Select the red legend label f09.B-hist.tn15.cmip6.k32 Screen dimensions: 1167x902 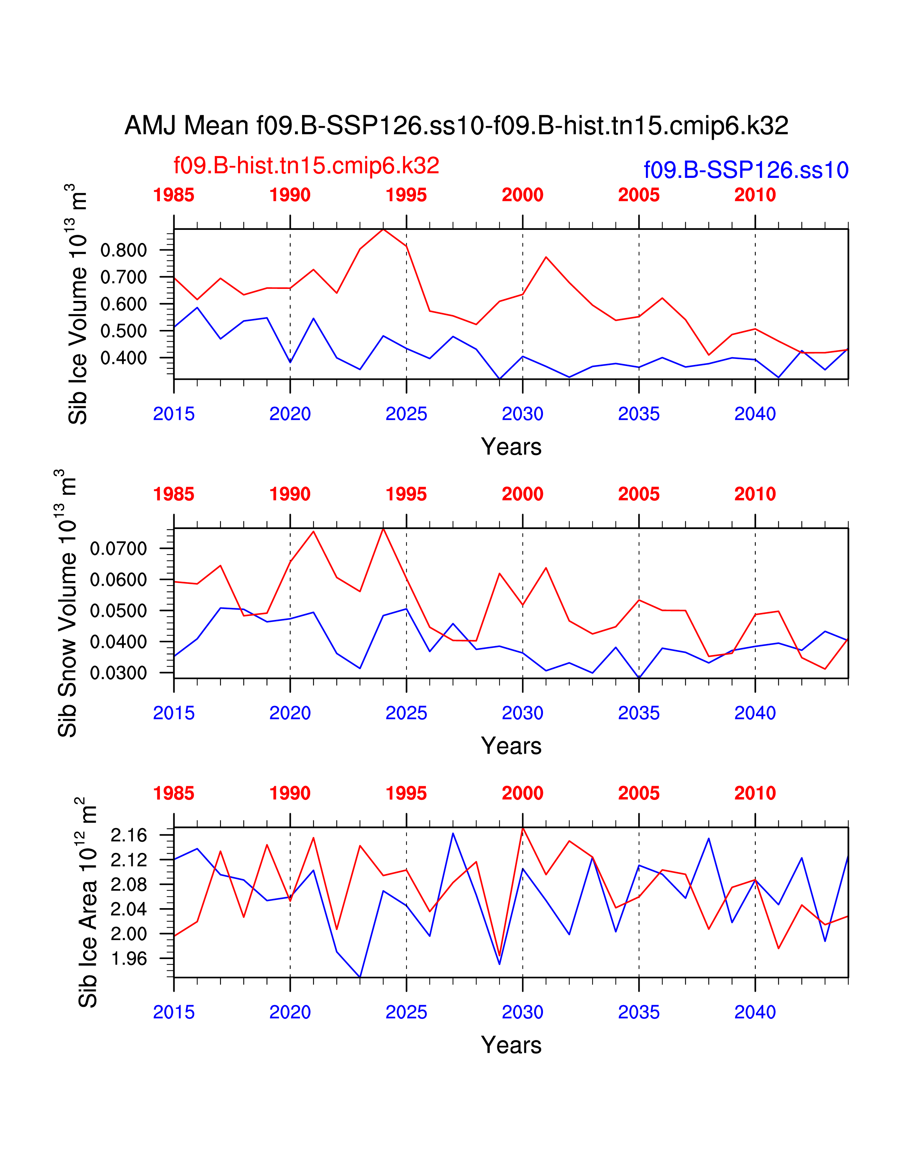pyautogui.click(x=306, y=166)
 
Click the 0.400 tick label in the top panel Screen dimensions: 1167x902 pyautogui.click(x=123, y=358)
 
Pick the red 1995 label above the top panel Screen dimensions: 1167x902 pyautogui.click(x=406, y=195)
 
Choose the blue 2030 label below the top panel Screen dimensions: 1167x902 pyautogui.click(x=522, y=414)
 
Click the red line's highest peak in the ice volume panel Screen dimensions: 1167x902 pyautogui.click(x=383, y=229)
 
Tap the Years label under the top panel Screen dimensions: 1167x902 pyautogui.click(x=511, y=447)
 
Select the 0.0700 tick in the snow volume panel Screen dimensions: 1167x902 pyautogui.click(x=118, y=549)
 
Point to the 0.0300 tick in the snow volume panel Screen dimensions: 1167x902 pyautogui.click(x=118, y=673)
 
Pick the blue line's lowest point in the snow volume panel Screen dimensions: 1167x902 pyautogui.click(x=639, y=678)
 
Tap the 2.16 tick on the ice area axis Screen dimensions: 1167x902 pyautogui.click(x=128, y=835)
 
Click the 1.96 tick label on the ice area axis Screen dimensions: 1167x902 pyautogui.click(x=128, y=959)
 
